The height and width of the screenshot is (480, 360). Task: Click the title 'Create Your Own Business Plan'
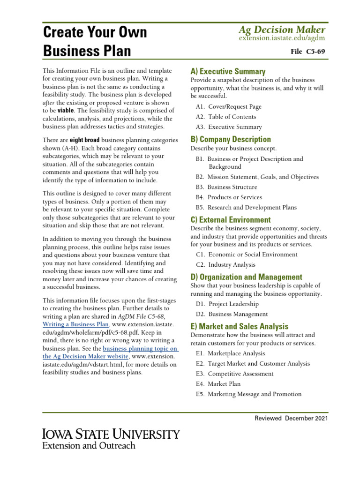pos(95,41)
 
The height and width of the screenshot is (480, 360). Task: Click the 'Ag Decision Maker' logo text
pos(281,30)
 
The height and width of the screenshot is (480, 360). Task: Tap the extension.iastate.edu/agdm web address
pos(281,38)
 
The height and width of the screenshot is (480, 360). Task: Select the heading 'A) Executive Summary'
pos(228,72)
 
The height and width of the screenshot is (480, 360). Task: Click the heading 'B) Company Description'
pos(231,139)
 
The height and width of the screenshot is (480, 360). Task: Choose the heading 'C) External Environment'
pos(231,220)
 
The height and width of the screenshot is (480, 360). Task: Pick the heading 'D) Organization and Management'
pos(246,277)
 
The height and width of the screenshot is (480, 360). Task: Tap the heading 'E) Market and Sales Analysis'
pos(239,326)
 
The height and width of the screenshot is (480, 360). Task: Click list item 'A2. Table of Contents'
pos(226,117)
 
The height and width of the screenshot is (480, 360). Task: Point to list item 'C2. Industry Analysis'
pos(226,265)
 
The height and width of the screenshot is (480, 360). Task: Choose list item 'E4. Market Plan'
pos(218,384)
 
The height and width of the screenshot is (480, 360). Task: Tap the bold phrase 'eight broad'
pos(85,140)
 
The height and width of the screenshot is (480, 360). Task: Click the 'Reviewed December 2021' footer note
pos(291,418)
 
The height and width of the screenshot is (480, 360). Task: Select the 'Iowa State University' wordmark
pos(111,434)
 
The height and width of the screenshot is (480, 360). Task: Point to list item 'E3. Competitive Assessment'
pos(235,374)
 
